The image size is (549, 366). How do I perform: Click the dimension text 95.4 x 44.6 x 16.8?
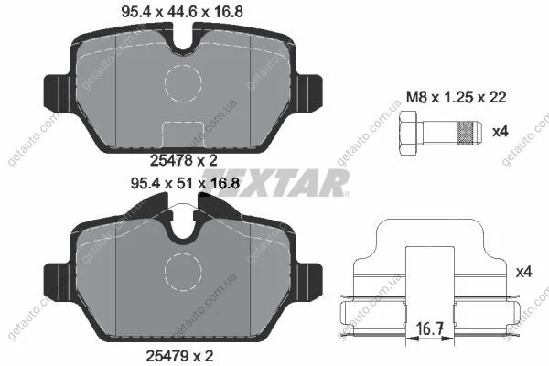click(182, 12)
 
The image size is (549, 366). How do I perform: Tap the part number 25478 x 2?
click(184, 160)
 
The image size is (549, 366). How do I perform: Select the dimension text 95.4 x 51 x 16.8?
click(185, 183)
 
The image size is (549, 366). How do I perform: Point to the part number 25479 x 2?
click(179, 356)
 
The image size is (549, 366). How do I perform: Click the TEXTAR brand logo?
click(275, 182)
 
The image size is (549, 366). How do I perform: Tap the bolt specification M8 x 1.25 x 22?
click(457, 97)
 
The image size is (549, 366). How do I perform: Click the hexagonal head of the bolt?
click(408, 133)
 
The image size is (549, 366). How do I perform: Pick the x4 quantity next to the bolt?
click(500, 132)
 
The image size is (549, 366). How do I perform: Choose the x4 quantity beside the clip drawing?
click(524, 272)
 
